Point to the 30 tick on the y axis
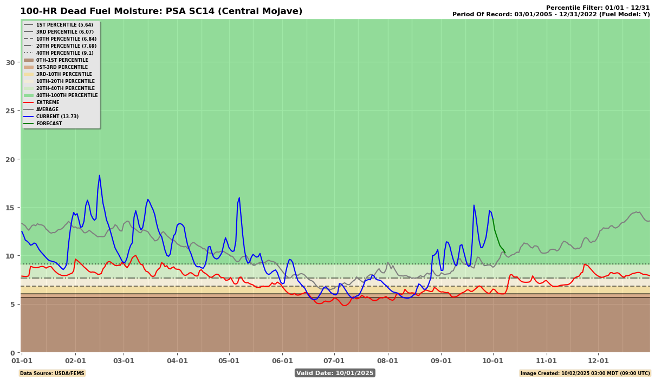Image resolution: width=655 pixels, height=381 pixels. pos(10,62)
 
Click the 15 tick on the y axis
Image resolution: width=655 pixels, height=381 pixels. pos(10,208)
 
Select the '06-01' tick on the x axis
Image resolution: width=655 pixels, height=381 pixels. pos(282,360)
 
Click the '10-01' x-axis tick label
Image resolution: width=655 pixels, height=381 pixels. pos(493,360)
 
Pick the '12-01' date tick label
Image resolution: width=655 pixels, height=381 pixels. pos(598,360)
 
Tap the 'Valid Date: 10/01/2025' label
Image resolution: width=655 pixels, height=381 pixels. pos(335,373)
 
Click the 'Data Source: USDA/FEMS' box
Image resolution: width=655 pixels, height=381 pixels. pos(52,373)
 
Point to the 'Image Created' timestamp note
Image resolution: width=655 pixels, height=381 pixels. pos(585,373)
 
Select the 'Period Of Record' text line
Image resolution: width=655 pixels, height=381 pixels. pos(551,15)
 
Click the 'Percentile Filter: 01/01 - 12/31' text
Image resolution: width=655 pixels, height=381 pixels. pos(598,8)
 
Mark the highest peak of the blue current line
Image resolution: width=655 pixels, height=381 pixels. pos(99,175)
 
